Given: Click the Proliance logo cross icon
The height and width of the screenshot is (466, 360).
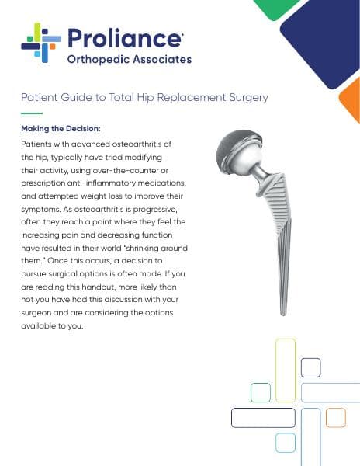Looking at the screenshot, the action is [41, 43].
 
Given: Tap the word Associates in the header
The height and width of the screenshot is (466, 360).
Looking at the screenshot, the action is [160, 59].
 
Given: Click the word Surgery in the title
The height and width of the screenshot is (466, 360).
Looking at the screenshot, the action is [246, 98].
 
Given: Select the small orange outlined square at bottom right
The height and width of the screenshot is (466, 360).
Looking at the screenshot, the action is [335, 418].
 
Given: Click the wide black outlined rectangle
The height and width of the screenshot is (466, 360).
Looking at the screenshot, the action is [263, 418].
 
